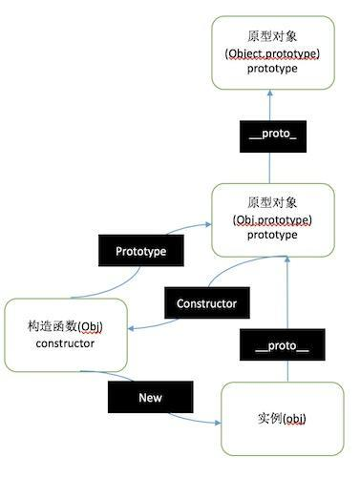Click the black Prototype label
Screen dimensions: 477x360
click(140, 252)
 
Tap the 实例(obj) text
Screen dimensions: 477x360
click(282, 419)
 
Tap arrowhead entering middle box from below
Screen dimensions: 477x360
click(284, 262)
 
